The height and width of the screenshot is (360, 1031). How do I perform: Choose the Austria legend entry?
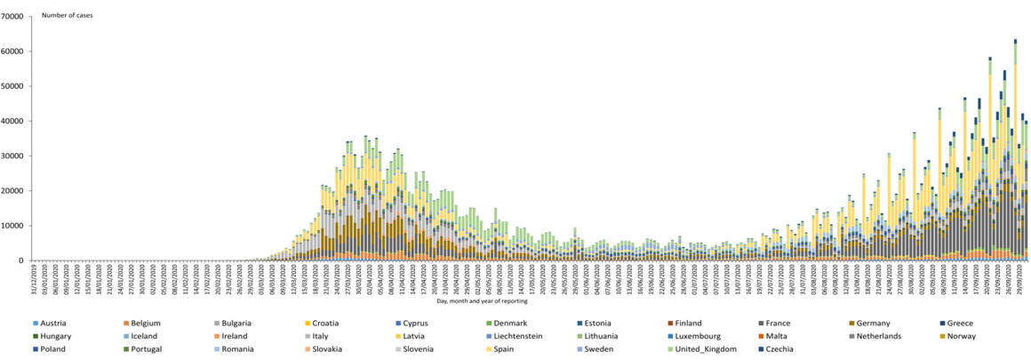(x=56, y=323)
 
